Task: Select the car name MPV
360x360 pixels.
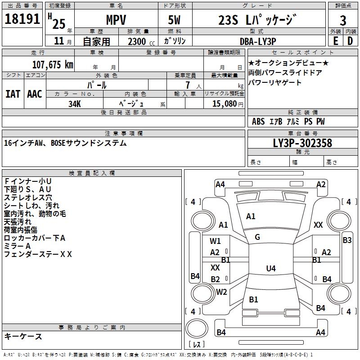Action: pos(116,20)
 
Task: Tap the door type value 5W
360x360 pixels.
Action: pos(175,20)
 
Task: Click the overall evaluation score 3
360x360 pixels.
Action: pos(343,21)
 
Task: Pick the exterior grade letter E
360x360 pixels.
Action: pos(335,40)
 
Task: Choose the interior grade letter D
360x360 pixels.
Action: pos(350,40)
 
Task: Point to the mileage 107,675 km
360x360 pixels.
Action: pos(52,64)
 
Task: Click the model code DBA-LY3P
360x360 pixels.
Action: pos(257,41)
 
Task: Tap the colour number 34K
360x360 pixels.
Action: pos(74,103)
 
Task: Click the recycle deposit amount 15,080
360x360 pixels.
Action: pos(224,103)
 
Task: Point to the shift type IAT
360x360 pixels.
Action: pos(13,94)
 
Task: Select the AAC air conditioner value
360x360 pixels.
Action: pos(34,94)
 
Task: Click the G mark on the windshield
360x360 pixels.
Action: pos(257,237)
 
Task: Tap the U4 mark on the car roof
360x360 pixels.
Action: pos(270,269)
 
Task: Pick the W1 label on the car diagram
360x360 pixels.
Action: pos(215,241)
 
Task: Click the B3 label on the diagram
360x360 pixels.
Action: pos(347,240)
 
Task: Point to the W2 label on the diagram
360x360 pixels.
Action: pos(221,292)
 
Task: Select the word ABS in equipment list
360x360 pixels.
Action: pos(258,121)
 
